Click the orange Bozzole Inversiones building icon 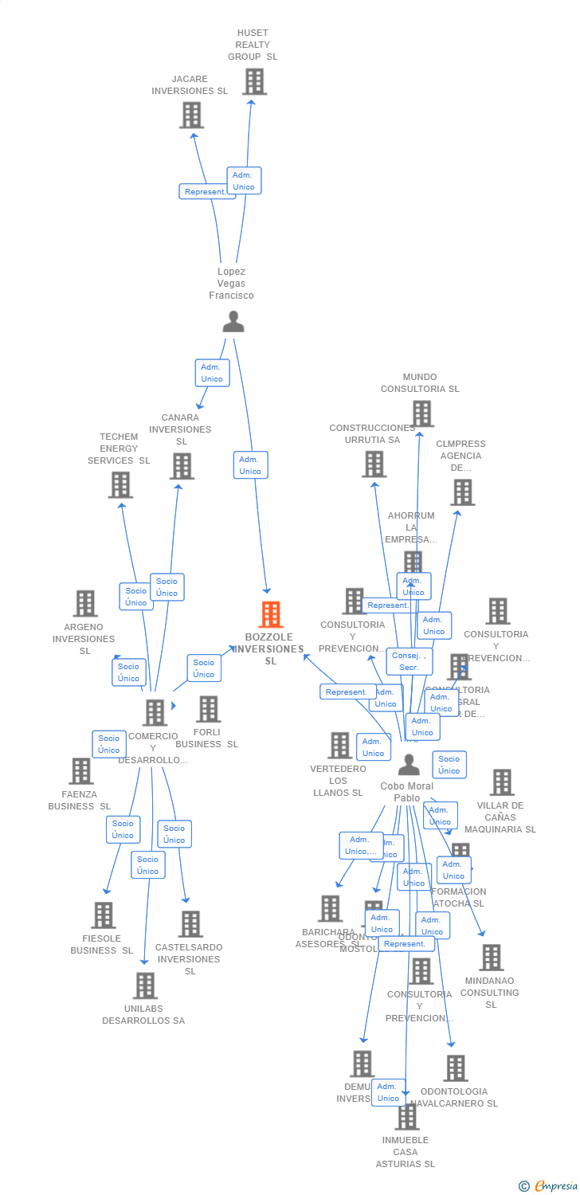[x=271, y=614]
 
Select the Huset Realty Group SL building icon [x=253, y=81]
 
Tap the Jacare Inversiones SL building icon [x=191, y=116]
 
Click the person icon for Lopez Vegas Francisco [x=233, y=322]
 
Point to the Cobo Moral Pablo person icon [x=409, y=765]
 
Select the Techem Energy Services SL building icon [x=120, y=484]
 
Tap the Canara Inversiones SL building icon [x=182, y=466]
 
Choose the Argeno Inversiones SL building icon [x=85, y=604]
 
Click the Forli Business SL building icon [x=208, y=708]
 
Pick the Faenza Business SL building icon [x=81, y=770]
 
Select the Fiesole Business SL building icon [x=103, y=915]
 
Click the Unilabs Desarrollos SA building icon [x=145, y=985]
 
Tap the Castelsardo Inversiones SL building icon [x=190, y=924]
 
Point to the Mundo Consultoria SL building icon [x=422, y=413]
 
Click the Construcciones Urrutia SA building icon [x=374, y=464]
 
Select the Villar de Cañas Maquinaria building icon [x=501, y=782]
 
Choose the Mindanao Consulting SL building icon [x=491, y=958]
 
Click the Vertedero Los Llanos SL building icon [x=339, y=746]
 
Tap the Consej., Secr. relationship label [x=410, y=660]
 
